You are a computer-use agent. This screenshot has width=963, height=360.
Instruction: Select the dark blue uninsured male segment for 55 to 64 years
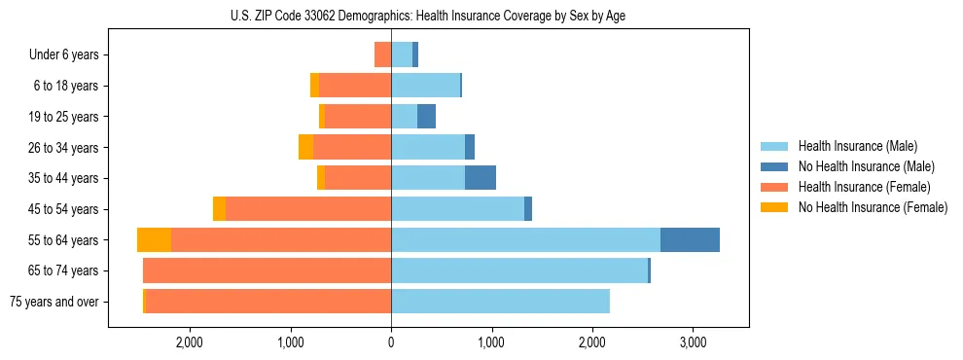[x=690, y=239]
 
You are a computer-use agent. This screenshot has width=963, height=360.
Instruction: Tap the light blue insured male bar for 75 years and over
[x=500, y=302]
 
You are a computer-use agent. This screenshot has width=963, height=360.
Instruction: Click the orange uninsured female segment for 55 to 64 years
[x=154, y=239]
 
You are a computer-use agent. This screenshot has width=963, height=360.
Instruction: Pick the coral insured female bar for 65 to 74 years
[x=267, y=270]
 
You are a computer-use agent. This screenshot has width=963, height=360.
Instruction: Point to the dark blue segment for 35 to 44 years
[x=481, y=178]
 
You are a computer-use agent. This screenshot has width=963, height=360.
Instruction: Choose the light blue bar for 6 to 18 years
[x=425, y=86]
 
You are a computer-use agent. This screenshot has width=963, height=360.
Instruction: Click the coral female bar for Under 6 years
[x=382, y=54]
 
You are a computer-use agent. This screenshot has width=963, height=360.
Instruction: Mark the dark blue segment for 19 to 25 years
[x=426, y=117]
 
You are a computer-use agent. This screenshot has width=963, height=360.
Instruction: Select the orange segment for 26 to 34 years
[x=305, y=147]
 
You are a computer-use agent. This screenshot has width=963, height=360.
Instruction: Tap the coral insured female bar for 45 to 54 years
[x=308, y=209]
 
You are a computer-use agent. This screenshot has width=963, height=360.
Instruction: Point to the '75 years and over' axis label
[x=53, y=302]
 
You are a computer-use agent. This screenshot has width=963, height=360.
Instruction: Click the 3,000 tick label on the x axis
[x=693, y=342]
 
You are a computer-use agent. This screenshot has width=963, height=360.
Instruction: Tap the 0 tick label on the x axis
[x=391, y=342]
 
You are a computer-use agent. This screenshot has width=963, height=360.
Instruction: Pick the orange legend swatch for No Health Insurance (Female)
[x=775, y=207]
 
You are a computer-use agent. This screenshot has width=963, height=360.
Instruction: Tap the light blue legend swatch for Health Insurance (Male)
[x=775, y=146]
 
